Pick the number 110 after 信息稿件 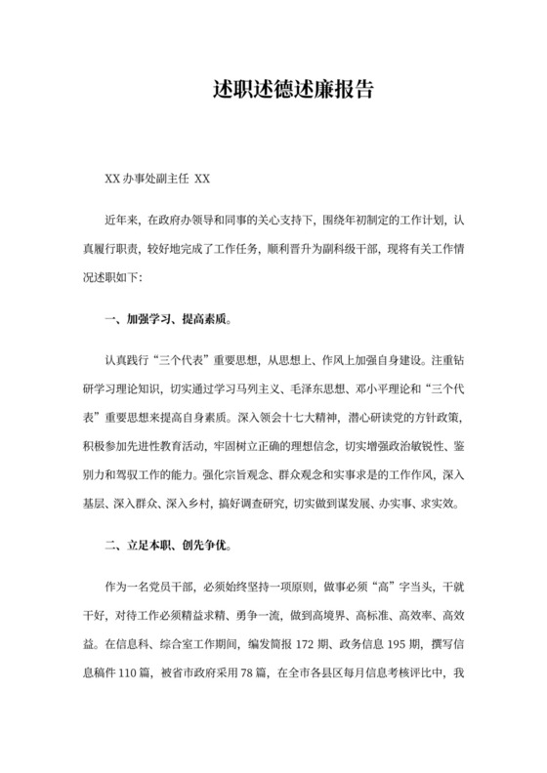(x=147, y=672)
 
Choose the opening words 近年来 (x=122, y=221)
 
